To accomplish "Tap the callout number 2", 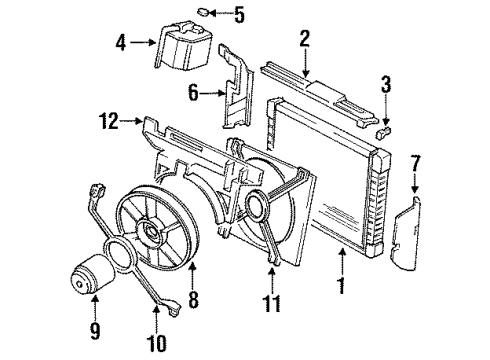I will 304,39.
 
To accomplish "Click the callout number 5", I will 238,15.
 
